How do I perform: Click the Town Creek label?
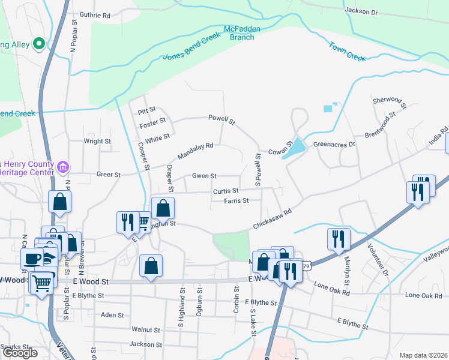(x=346, y=52)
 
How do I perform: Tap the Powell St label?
(x=221, y=119)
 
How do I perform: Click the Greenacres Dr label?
(x=334, y=145)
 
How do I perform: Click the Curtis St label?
(x=226, y=191)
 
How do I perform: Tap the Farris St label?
(x=237, y=200)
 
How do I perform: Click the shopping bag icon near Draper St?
(x=163, y=209)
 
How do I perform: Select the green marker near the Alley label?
(x=40, y=43)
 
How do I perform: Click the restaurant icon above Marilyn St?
(x=339, y=238)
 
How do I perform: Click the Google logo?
(x=20, y=353)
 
